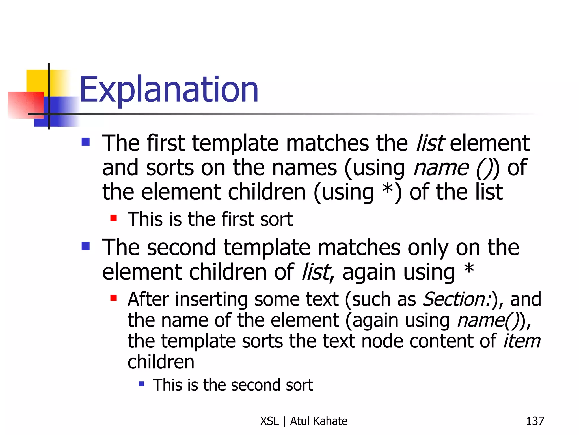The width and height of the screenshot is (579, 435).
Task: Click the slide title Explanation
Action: pyautogui.click(x=169, y=90)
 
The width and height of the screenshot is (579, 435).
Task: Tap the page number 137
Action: pyautogui.click(x=535, y=421)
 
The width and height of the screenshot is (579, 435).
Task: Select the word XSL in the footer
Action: pyautogui.click(x=269, y=421)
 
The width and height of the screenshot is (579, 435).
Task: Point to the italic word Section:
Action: pyautogui.click(x=457, y=299)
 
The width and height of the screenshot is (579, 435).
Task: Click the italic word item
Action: pyautogui.click(x=522, y=341)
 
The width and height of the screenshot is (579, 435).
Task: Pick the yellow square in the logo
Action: pyautogui.click(x=37, y=81)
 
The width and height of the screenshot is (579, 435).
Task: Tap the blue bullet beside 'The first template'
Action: pyautogui.click(x=85, y=142)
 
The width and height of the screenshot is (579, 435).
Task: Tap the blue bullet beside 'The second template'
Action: pyautogui.click(x=85, y=246)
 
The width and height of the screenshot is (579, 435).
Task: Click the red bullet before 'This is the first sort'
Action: pyautogui.click(x=114, y=218)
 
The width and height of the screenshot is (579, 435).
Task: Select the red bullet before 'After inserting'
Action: pyautogui.click(x=114, y=298)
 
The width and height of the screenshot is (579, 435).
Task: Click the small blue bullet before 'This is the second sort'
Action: pyautogui.click(x=142, y=384)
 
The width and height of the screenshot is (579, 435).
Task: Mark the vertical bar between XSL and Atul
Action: pyautogui.click(x=284, y=421)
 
